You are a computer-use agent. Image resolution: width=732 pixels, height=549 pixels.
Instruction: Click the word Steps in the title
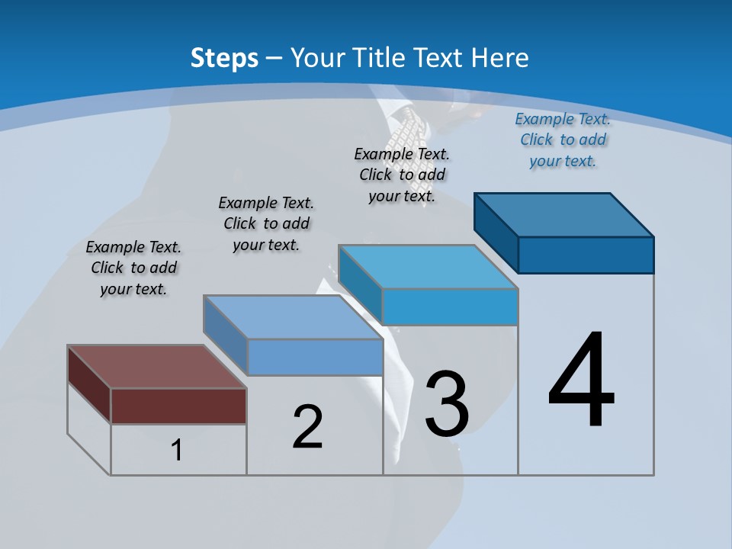224,58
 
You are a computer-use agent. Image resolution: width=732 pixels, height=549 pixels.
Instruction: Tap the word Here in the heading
500,58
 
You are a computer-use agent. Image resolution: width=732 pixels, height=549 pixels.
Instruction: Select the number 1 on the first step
177,451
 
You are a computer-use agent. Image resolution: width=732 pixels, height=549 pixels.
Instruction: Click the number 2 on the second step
307,426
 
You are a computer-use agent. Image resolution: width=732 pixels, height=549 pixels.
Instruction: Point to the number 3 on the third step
447,404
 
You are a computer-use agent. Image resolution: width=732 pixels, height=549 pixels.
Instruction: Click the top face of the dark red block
156,367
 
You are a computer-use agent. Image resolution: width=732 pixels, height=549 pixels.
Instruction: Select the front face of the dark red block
178,406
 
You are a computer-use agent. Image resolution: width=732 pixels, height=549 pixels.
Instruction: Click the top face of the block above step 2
293,316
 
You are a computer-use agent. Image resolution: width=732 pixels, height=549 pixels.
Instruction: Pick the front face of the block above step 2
315,357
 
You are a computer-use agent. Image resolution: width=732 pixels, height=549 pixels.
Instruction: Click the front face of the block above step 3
450,307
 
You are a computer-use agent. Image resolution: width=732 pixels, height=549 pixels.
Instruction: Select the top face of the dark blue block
564,215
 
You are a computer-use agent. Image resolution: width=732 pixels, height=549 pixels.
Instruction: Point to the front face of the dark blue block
586,255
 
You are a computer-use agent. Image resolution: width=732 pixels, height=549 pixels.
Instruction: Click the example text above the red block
133,268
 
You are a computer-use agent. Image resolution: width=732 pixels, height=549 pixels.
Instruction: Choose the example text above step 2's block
266,223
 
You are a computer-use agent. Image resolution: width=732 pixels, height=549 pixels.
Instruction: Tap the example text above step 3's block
402,175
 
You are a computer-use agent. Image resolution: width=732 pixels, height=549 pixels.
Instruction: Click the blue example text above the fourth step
563,140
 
